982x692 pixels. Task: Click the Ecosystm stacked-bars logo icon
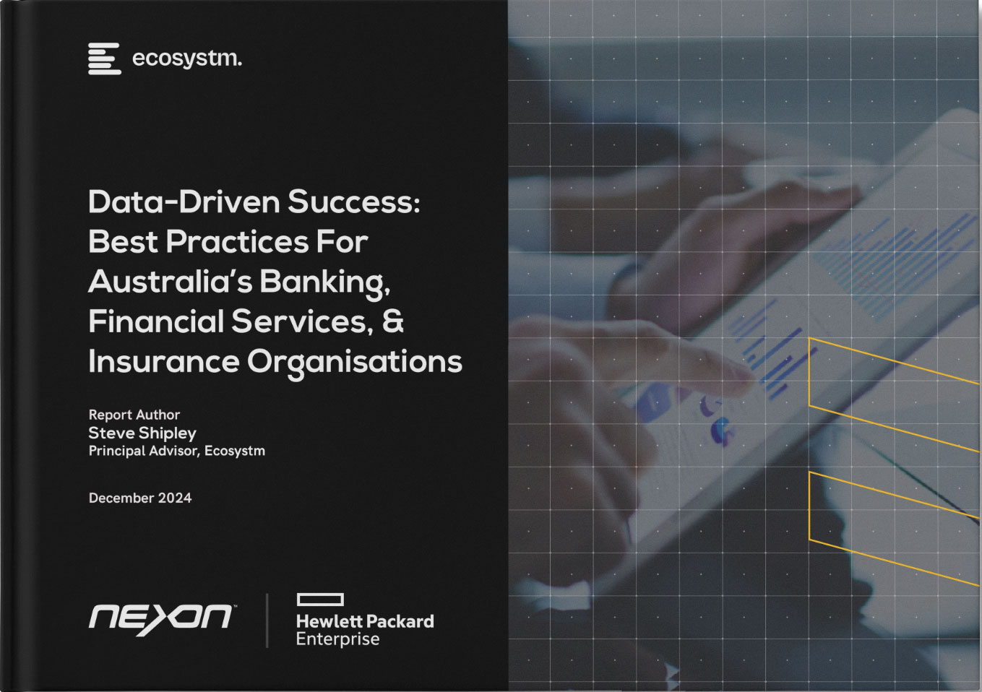pyautogui.click(x=104, y=59)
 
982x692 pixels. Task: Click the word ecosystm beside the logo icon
pyautogui.click(x=186, y=59)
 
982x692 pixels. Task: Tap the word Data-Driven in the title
pyautogui.click(x=184, y=202)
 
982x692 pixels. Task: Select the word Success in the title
pyautogui.click(x=353, y=202)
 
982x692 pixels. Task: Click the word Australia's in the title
pyautogui.click(x=170, y=282)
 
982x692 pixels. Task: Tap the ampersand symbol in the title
pyautogui.click(x=393, y=321)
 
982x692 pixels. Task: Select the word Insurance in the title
pyautogui.click(x=163, y=361)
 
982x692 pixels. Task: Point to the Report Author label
pyautogui.click(x=134, y=415)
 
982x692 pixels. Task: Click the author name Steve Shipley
pyautogui.click(x=142, y=433)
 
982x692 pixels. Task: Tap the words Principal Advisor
pyautogui.click(x=142, y=451)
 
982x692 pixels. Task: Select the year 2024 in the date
pyautogui.click(x=175, y=498)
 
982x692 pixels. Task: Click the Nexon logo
pyautogui.click(x=160, y=619)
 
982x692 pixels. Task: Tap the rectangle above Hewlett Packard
pyautogui.click(x=320, y=600)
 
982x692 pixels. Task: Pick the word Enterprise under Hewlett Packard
pyautogui.click(x=337, y=639)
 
